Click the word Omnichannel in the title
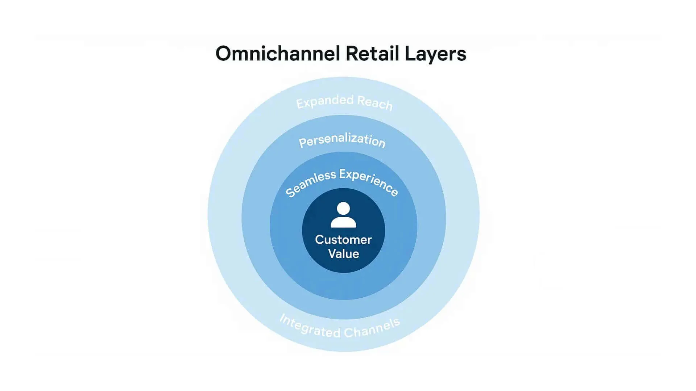pos(277,54)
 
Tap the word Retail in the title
pos(372,54)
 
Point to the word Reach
pos(375,103)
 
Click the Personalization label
pos(342,140)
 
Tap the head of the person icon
pos(343,209)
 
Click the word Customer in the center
pos(343,240)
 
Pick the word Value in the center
pos(344,254)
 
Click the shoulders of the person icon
pos(343,222)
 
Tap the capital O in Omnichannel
pos(224,54)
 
